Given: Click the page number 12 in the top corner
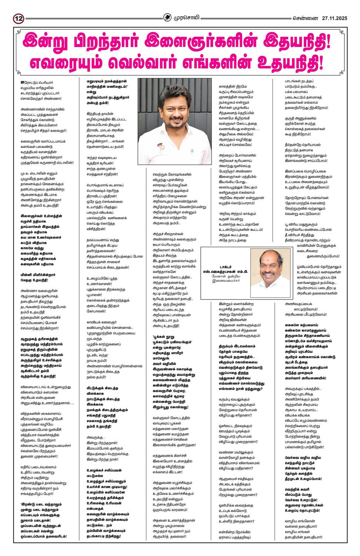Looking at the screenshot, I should click(x=19, y=18).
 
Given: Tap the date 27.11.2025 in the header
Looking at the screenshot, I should click(x=334, y=18).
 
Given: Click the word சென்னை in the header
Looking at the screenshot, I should click(x=305, y=18).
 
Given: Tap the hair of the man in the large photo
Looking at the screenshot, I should click(x=174, y=89).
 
